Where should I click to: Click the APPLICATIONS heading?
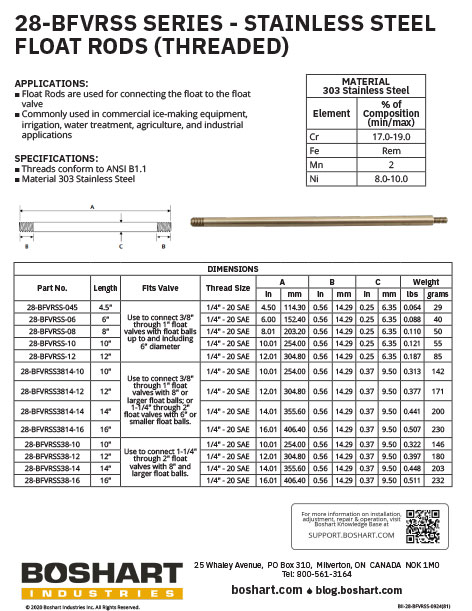pyautogui.click(x=51, y=83)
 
